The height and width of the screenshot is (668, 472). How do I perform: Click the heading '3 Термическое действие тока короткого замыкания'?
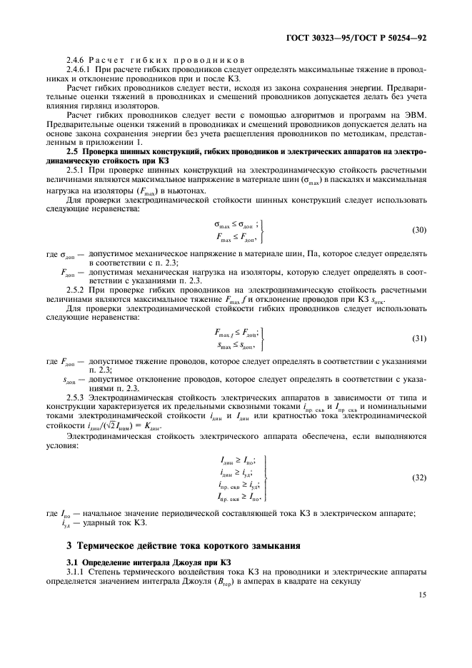click(179, 546)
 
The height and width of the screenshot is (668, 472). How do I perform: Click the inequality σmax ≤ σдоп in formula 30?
click(235, 223)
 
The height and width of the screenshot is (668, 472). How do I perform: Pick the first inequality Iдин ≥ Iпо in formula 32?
click(238, 461)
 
